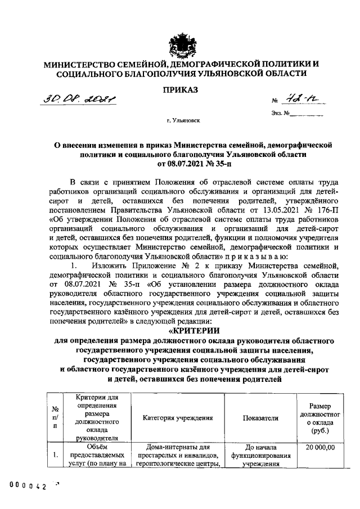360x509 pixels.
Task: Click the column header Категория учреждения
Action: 177,418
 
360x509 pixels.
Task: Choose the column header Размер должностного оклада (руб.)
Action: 323,418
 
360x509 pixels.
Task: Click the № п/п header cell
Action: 55,418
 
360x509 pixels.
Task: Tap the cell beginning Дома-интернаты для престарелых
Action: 177,456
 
